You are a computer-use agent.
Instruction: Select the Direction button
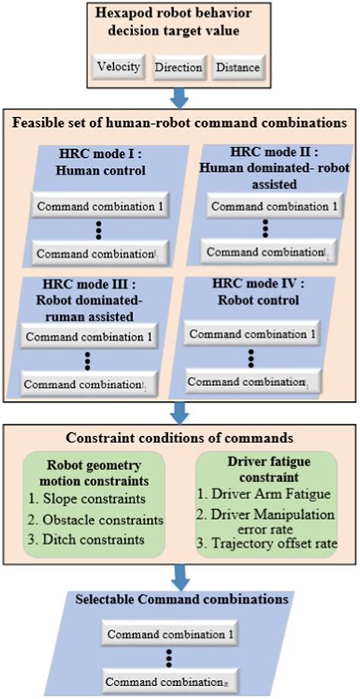178,68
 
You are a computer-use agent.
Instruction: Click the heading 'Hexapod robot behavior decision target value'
180,24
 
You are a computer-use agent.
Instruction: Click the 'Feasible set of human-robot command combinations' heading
179,122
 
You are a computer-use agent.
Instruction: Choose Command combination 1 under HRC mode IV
254,334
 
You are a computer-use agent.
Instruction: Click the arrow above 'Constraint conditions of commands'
180,413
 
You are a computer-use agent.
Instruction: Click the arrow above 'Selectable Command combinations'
180,580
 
